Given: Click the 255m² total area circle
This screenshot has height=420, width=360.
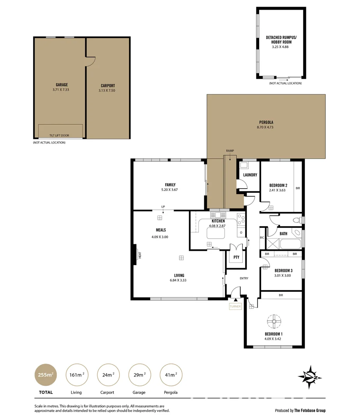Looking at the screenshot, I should point(46,374).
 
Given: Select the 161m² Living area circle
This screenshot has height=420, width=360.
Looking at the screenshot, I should point(76,374).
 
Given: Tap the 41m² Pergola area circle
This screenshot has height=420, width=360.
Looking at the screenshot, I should point(171,374).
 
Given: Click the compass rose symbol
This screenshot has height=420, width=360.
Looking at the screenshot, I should point(309,377).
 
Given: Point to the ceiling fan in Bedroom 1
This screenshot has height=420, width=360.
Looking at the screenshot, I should point(274,321).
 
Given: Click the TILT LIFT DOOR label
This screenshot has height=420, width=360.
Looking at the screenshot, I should point(59,135).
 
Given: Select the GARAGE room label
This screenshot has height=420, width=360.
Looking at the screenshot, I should point(61,85).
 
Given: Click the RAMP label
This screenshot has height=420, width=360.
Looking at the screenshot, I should point(230,150).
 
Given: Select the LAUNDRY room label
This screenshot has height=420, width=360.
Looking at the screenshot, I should point(250,175).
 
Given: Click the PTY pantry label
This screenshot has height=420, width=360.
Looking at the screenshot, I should point(236,257).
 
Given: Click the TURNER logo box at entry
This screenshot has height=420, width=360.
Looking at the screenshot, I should point(235,306).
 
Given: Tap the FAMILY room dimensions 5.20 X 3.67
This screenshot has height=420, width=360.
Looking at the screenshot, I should point(170,190).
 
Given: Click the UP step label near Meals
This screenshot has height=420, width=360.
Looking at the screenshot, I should point(163,206).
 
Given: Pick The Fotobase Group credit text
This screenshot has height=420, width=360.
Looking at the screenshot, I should point(310,410).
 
